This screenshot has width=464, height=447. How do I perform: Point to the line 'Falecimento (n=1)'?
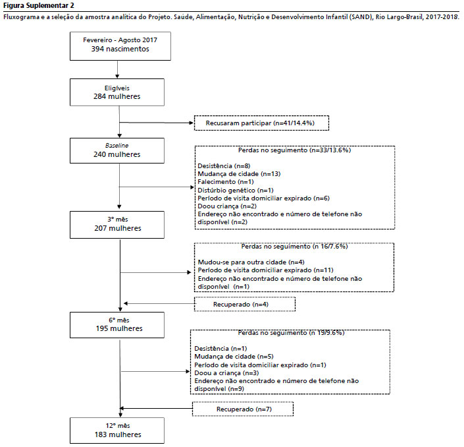click(x=226, y=182)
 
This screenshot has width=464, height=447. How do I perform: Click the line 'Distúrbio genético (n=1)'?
click(x=236, y=190)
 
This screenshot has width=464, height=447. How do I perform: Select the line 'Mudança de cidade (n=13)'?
click(x=239, y=173)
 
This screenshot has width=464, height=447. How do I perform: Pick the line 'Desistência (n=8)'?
click(x=224, y=165)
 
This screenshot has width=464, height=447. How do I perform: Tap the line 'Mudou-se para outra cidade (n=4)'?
click(x=251, y=262)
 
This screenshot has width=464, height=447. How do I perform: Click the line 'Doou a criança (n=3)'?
click(x=226, y=373)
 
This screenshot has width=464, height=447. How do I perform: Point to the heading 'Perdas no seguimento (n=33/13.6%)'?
click(x=294, y=150)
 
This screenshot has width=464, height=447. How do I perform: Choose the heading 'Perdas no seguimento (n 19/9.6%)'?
click(x=291, y=332)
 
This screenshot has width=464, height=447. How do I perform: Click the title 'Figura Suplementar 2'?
click(x=39, y=5)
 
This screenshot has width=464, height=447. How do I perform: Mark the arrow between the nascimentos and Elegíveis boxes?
click(x=117, y=70)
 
